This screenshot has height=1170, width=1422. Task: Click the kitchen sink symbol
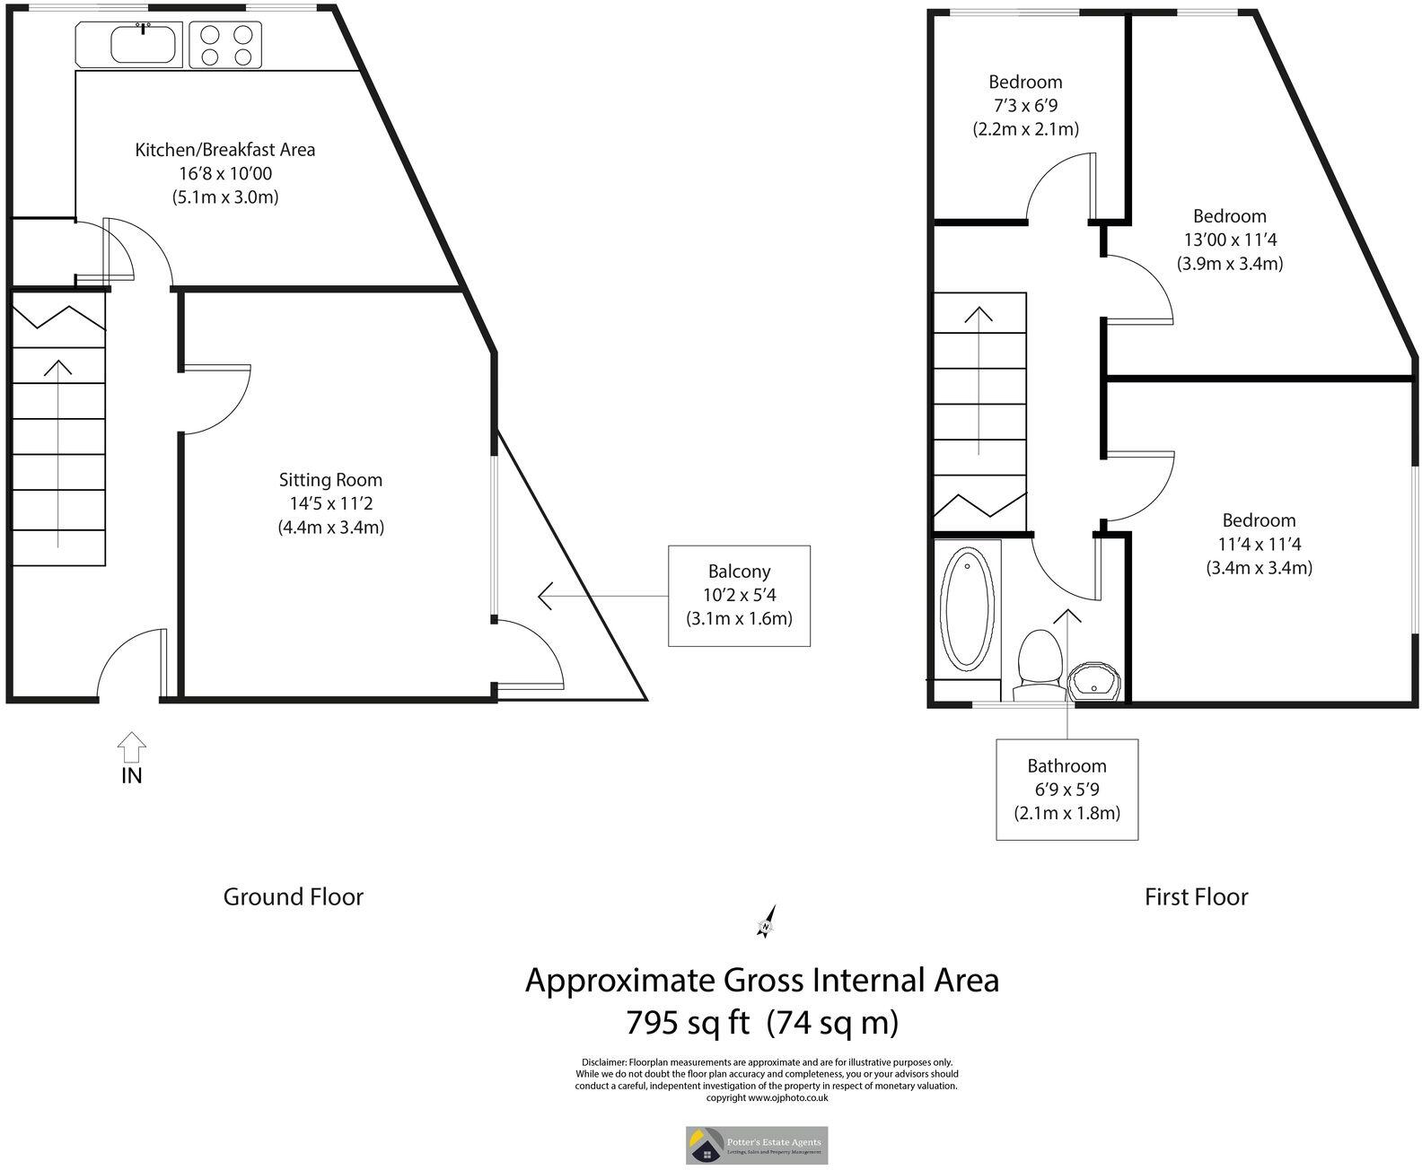[x=144, y=44]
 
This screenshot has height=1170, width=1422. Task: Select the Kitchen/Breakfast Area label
[x=224, y=150]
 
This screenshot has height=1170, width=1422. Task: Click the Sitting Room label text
[x=330, y=480]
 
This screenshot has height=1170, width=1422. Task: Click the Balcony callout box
[x=739, y=595]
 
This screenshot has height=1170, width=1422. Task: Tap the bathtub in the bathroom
[x=967, y=610]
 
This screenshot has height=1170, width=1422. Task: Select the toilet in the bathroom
[x=1039, y=665]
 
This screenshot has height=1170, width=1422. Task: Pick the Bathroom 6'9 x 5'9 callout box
[x=1066, y=790]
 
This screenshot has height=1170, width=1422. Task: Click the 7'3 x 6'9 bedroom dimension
[x=1025, y=105]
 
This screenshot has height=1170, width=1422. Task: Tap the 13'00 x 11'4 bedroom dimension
[x=1229, y=240]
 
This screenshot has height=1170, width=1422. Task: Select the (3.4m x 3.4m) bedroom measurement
[x=1259, y=568]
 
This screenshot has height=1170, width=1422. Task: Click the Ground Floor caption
[x=293, y=896]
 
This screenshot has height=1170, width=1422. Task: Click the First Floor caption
[x=1196, y=896]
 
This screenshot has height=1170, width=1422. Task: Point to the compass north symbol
[x=767, y=923]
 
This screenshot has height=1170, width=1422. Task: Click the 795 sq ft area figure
[x=687, y=1022]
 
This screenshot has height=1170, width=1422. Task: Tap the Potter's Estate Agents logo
[x=757, y=1145]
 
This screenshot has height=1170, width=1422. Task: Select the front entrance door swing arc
[x=126, y=650]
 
